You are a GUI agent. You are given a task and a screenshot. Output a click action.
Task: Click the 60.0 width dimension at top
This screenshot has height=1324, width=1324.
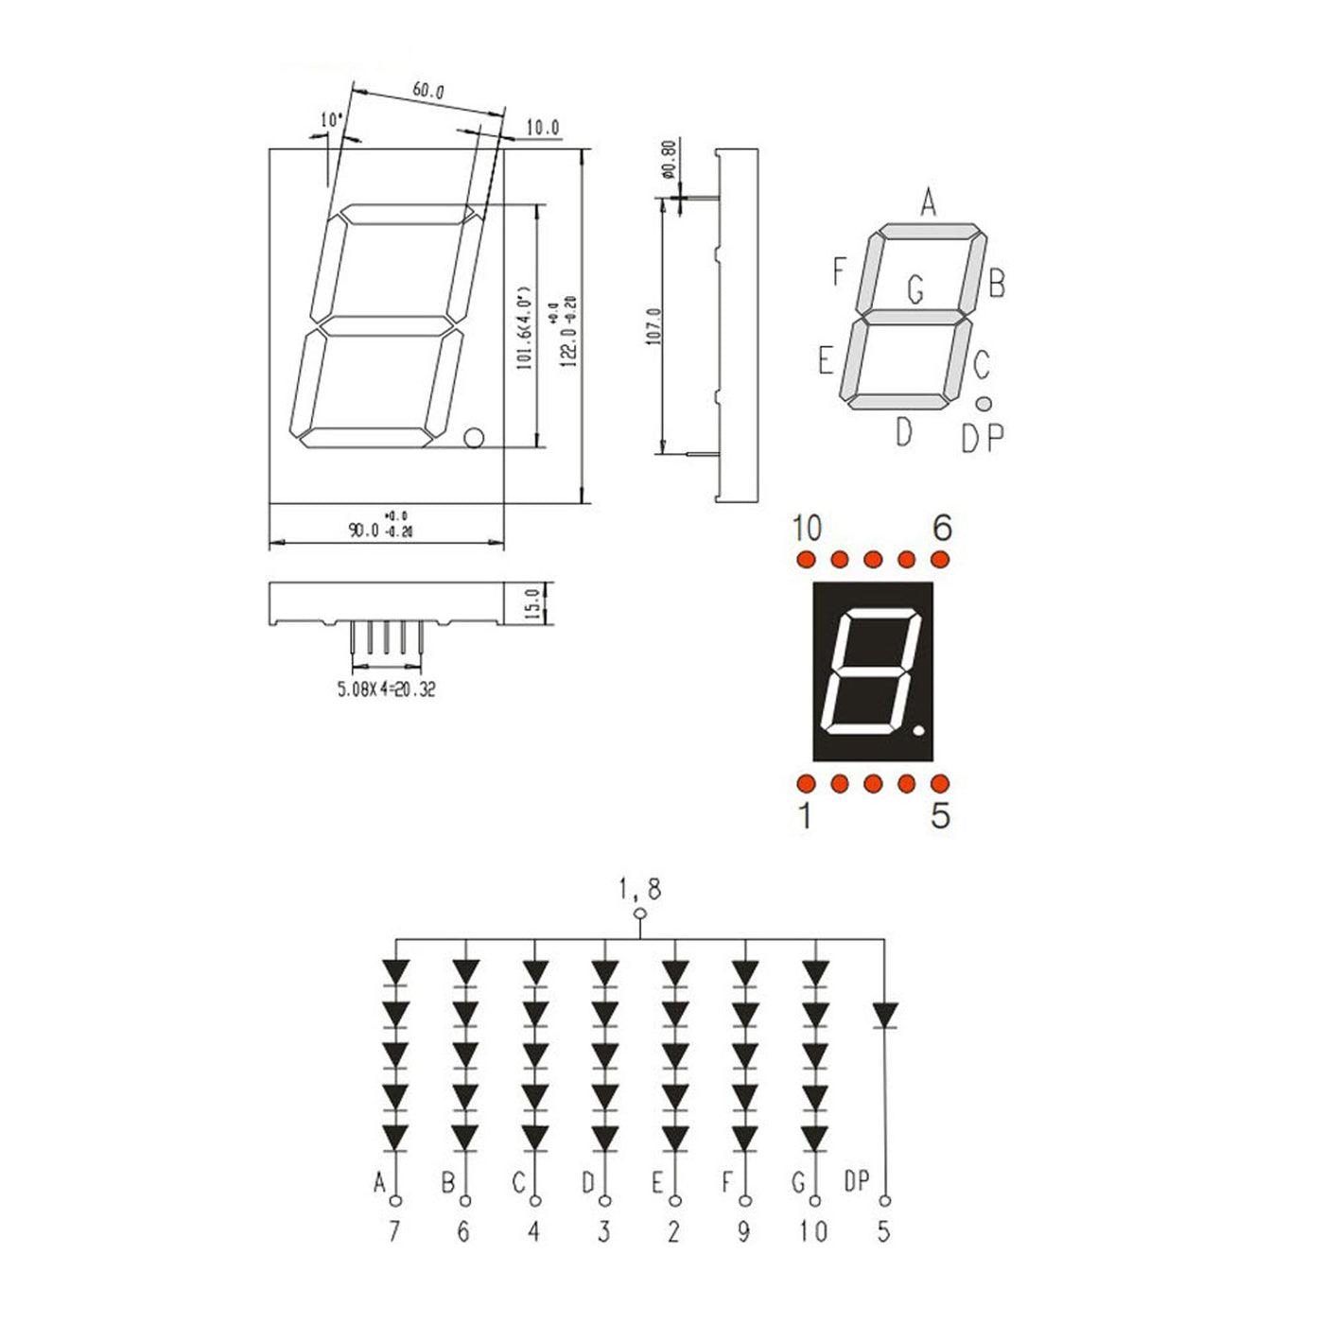427,92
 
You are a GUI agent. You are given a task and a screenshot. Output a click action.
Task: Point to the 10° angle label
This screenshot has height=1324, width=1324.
331,120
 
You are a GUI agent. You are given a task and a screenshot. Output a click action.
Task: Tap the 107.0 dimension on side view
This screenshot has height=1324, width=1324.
653,325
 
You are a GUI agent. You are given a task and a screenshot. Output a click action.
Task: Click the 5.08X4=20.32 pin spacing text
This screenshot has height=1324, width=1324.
386,689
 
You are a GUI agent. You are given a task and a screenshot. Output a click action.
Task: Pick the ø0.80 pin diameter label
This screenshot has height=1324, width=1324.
668,161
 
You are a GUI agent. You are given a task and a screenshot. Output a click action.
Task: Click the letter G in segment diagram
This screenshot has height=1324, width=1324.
915,289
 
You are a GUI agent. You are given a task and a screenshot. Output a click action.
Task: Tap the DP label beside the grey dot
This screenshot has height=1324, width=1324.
982,438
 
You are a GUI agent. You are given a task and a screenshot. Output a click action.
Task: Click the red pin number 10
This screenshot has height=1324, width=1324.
807,528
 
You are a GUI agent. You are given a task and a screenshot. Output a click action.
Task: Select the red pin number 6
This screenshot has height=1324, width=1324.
941,528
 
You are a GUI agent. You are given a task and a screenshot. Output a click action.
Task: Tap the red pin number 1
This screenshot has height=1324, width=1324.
805,815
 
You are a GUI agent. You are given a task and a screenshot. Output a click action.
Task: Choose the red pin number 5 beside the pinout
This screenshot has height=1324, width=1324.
940,815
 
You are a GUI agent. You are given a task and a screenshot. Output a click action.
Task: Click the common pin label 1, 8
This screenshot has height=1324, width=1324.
640,889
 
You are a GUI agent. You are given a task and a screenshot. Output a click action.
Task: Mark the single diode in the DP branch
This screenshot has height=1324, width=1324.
884,1015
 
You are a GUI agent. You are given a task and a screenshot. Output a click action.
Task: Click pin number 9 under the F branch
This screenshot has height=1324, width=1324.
744,1231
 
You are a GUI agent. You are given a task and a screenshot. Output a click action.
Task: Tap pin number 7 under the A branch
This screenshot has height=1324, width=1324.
394,1231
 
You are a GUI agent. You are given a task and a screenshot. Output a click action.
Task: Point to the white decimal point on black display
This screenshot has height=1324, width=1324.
919,731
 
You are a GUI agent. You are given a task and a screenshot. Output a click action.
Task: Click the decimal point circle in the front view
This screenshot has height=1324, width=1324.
474,437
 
